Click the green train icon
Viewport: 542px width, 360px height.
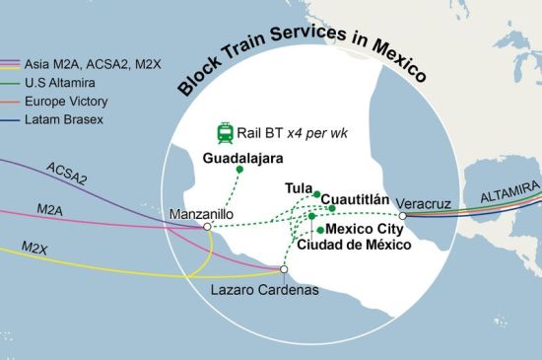pyautogui.click(x=225, y=132)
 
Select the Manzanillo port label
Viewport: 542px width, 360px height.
pyautogui.click(x=201, y=213)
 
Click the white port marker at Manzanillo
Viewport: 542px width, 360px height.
pyautogui.click(x=207, y=227)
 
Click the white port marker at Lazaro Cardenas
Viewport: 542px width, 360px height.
pyautogui.click(x=284, y=269)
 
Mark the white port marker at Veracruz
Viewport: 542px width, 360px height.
pyautogui.click(x=403, y=215)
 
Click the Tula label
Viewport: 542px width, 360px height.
pyautogui.click(x=298, y=187)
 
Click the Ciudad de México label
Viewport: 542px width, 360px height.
pyautogui.click(x=352, y=244)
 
